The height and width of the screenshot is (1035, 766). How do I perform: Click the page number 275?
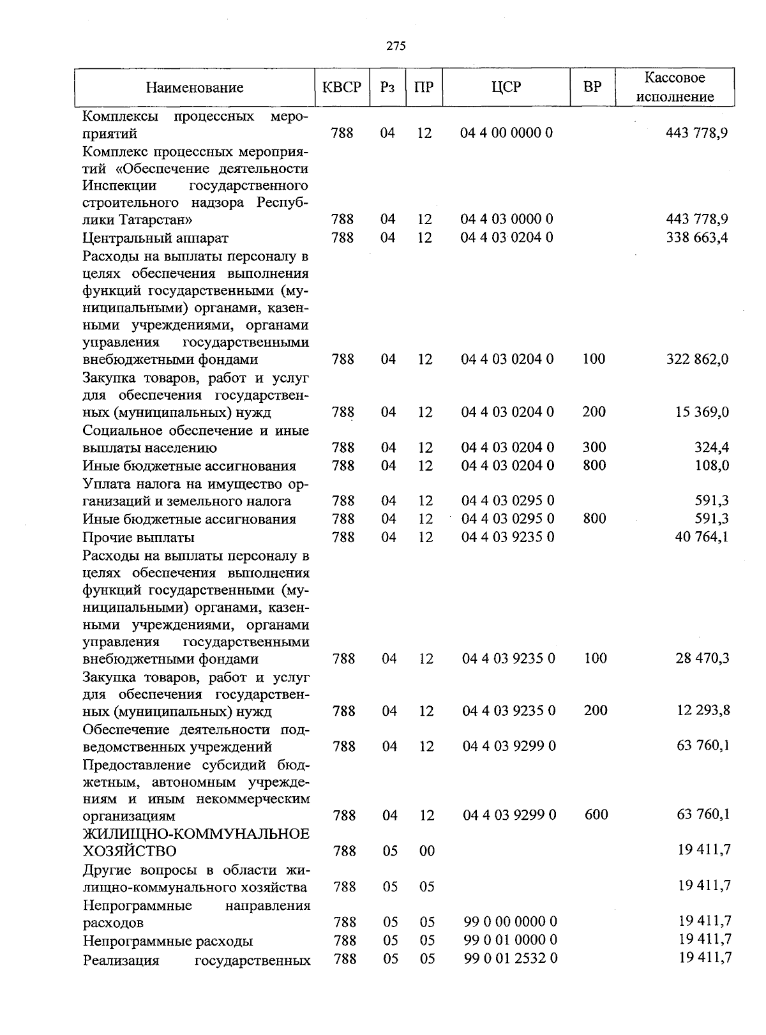[x=396, y=46]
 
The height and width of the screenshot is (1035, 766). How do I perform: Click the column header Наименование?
[x=195, y=88]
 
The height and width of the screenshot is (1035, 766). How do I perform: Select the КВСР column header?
[x=342, y=87]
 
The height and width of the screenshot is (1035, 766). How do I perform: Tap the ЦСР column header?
[x=506, y=87]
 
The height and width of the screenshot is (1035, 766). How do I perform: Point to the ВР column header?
[x=592, y=87]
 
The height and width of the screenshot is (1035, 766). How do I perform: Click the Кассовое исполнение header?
[x=675, y=87]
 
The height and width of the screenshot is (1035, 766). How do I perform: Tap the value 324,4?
[x=711, y=448]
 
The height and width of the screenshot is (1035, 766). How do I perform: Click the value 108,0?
[x=711, y=465]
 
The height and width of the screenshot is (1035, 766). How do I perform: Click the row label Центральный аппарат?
[x=155, y=238]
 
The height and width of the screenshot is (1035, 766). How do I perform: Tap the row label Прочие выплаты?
[x=139, y=537]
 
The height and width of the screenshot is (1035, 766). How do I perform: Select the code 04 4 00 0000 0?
[x=507, y=133]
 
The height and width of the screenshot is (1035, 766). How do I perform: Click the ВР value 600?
[x=596, y=815]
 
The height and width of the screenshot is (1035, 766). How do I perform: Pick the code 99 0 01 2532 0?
[x=511, y=958]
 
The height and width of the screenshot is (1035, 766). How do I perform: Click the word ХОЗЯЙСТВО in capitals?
[x=130, y=851]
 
